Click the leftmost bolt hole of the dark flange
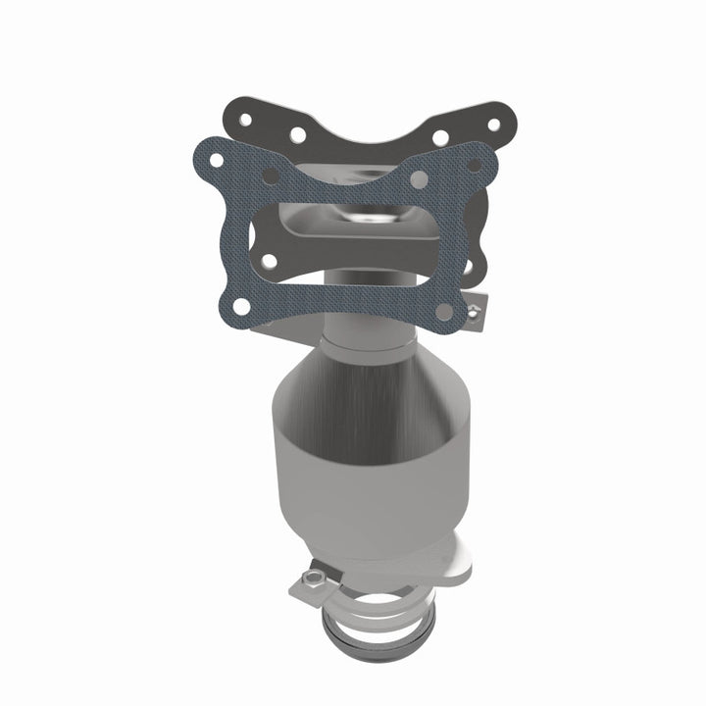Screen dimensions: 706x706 point(245,120)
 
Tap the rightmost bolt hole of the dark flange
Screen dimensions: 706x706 point(493,125)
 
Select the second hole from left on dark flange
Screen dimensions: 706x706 point(296,133)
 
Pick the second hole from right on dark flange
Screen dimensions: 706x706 point(441,137)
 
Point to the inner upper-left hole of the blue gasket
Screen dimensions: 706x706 point(270,176)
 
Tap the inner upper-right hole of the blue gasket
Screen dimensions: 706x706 point(419,180)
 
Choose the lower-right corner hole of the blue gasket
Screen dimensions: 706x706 point(443,312)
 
